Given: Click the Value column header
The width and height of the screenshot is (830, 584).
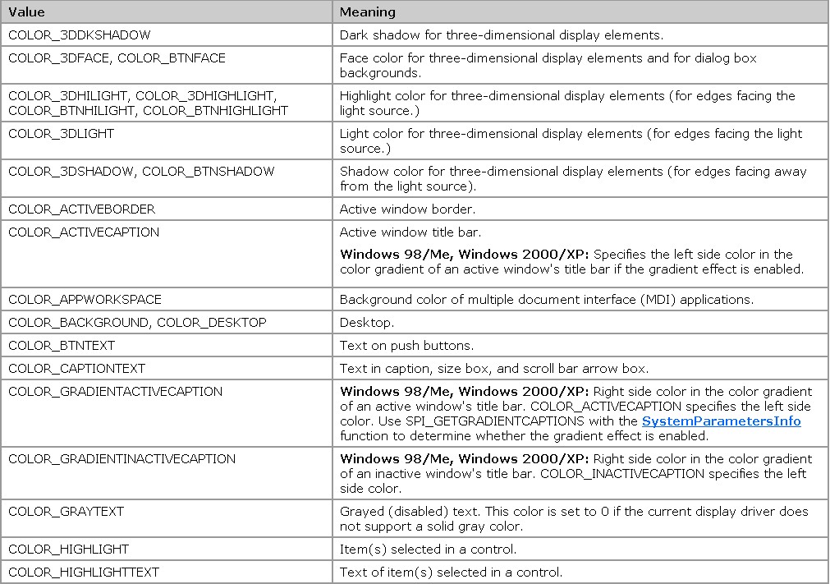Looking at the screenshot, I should point(27,12).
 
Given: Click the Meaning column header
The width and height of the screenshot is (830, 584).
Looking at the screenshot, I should point(367,12).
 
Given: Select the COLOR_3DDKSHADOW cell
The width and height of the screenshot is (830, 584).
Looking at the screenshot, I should point(80,35).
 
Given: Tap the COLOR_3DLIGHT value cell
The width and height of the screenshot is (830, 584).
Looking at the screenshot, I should point(62,133).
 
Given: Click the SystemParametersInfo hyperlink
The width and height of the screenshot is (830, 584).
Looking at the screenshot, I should point(721,421).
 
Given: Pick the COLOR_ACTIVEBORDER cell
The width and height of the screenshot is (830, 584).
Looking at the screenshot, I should point(81,209).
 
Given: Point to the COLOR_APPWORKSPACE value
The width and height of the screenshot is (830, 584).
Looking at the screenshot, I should point(85,300).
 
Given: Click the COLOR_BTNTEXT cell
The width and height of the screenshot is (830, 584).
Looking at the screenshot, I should point(62,346).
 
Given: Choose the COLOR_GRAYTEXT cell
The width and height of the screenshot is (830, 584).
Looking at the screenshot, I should point(66,512).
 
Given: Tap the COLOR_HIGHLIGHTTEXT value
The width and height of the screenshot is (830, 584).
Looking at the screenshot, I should point(84,572).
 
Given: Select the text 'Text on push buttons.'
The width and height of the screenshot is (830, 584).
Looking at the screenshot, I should point(406,346).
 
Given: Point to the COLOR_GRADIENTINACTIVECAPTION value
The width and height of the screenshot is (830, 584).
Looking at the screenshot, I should point(122,459).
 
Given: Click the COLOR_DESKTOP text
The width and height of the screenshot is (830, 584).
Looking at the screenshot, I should point(212,323).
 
